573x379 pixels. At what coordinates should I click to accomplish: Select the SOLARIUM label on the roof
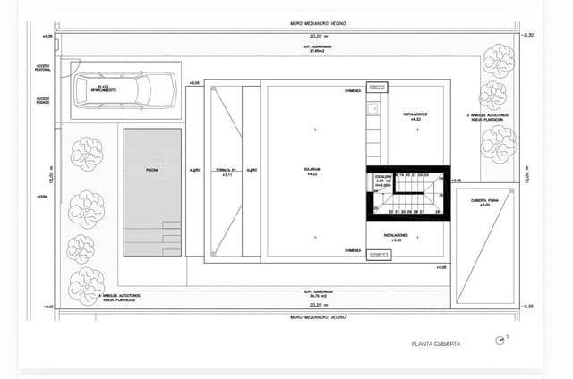pyautogui.click(x=312, y=170)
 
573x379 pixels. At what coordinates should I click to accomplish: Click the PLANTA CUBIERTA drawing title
pyautogui.click(x=436, y=343)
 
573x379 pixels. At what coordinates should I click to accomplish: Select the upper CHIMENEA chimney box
pyautogui.click(x=377, y=88)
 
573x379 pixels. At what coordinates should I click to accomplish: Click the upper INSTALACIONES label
pyautogui.click(x=415, y=116)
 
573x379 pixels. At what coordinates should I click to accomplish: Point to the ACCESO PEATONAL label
pyautogui.click(x=43, y=68)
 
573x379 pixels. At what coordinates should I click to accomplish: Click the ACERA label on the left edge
pyautogui.click(x=42, y=198)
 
